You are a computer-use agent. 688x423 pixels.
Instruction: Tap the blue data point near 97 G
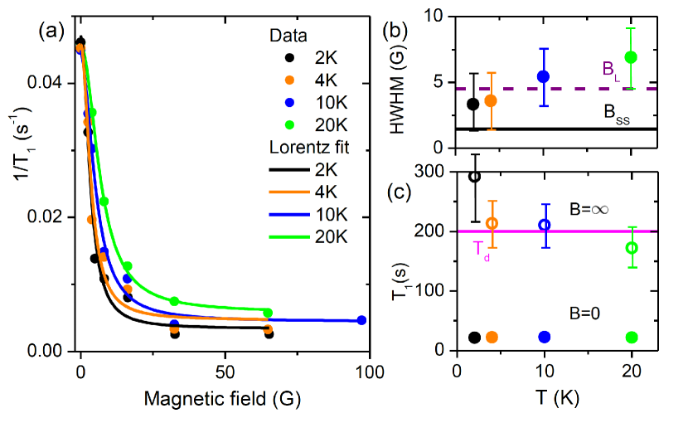pyautogui.click(x=361, y=320)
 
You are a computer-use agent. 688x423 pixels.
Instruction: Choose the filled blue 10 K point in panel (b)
pyautogui.click(x=544, y=76)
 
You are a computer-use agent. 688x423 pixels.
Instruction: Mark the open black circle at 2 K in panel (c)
pyautogui.click(x=474, y=177)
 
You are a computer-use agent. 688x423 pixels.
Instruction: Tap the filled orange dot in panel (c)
pyautogui.click(x=492, y=337)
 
